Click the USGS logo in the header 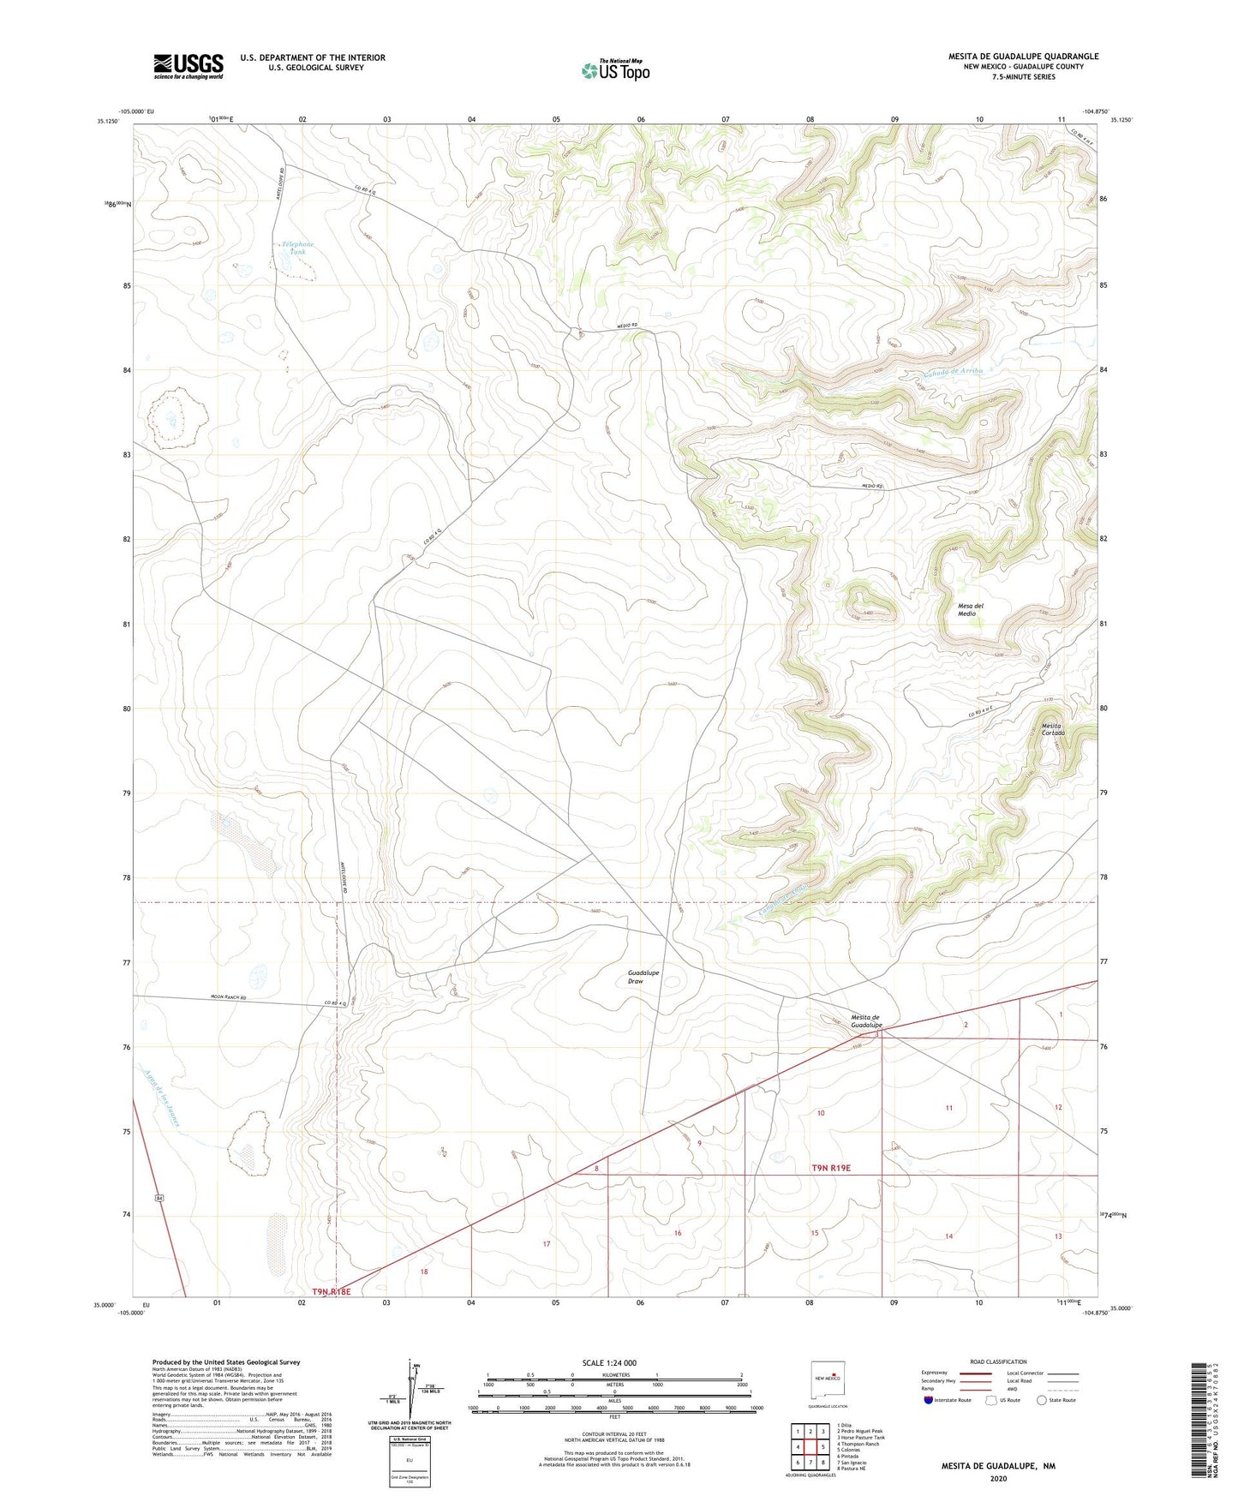pos(188,66)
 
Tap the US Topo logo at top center pos(615,70)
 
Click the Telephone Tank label pos(297,248)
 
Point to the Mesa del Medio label pos(970,609)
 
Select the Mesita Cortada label pos(1052,729)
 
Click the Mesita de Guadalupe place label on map pos(865,1021)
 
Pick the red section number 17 pos(546,1243)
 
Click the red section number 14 pos(948,1236)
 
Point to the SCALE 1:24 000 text pos(609,1362)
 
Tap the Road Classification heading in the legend pos(997,1361)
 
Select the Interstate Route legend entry pos(946,1400)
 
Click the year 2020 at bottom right pos(997,1478)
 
